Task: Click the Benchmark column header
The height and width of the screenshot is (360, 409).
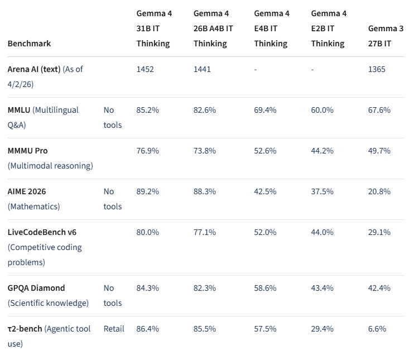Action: click(x=29, y=44)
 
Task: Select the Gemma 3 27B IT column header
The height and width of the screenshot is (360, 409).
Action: click(x=386, y=36)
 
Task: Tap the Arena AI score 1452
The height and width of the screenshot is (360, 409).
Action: click(x=145, y=69)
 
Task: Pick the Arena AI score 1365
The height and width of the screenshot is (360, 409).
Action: click(x=377, y=69)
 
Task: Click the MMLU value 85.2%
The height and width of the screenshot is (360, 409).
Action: click(x=147, y=110)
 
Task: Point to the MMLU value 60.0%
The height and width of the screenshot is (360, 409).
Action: click(x=322, y=110)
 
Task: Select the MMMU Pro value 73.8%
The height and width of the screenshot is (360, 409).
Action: click(x=205, y=151)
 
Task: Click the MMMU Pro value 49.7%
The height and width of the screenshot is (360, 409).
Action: click(x=379, y=151)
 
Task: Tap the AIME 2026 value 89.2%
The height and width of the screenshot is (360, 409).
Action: click(x=147, y=191)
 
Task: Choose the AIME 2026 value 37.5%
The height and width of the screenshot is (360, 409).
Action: click(x=322, y=191)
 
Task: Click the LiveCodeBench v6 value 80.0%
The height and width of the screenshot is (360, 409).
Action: click(x=148, y=232)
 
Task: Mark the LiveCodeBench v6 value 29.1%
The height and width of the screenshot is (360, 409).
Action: click(x=379, y=232)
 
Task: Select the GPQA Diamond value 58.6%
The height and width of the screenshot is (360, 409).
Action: click(x=265, y=288)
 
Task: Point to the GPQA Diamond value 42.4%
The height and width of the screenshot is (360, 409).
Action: click(x=379, y=288)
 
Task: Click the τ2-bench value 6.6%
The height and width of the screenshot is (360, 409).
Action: click(x=377, y=329)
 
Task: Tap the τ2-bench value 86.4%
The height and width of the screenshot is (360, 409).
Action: click(x=147, y=329)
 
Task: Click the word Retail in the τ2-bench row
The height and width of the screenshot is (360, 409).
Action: click(x=114, y=329)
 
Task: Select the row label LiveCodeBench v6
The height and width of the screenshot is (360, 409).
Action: click(x=42, y=232)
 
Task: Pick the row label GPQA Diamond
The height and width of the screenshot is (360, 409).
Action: click(x=36, y=288)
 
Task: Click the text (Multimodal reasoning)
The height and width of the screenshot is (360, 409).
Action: click(x=50, y=166)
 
